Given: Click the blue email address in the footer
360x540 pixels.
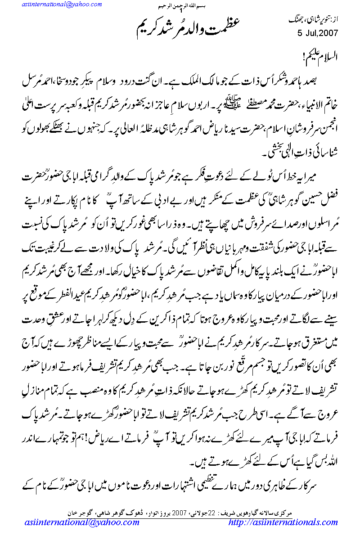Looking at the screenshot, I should [81, 523].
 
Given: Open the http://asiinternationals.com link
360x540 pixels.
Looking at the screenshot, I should [283, 523].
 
